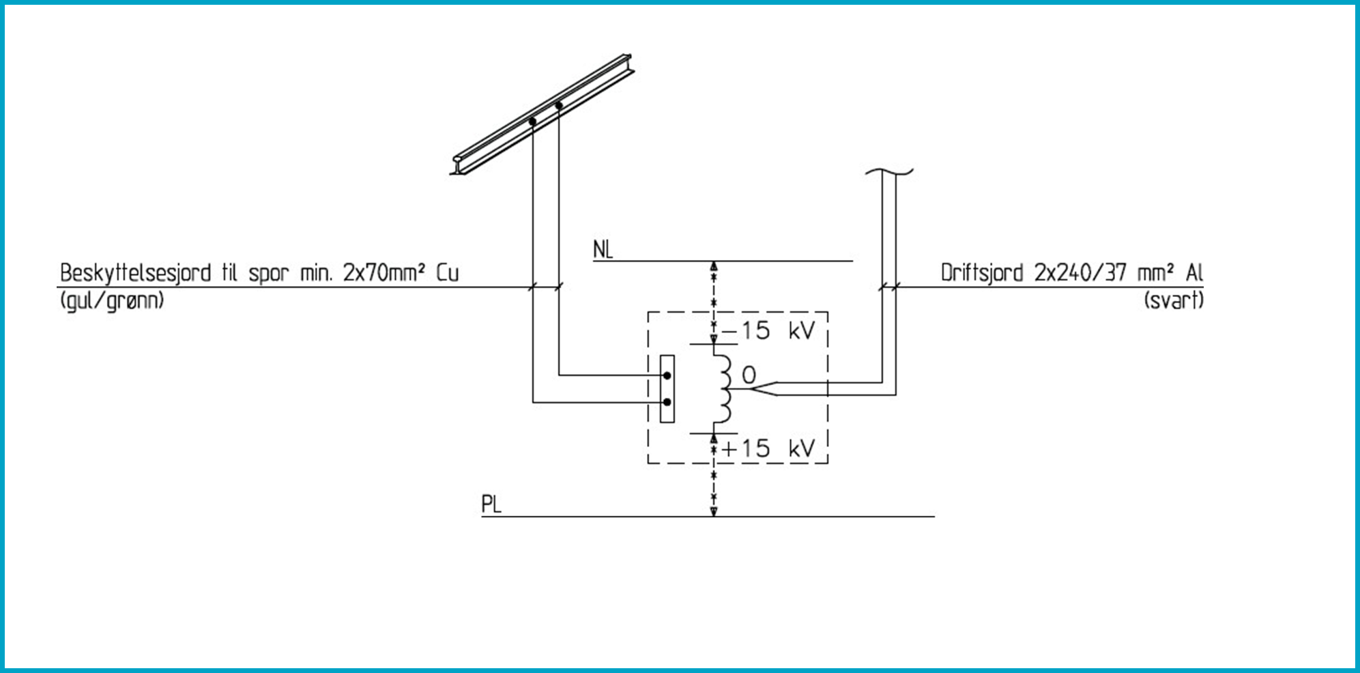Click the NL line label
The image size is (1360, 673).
point(603,250)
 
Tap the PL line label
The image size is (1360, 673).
point(491,504)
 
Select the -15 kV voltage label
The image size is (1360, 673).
point(768,331)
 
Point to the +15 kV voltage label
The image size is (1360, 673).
point(768,448)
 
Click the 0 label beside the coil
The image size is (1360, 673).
point(749,375)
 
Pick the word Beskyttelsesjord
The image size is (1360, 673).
point(135,274)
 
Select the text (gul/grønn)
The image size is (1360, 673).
point(112,301)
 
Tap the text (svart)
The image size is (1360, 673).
point(1174,300)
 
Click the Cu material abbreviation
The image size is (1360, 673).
point(448,273)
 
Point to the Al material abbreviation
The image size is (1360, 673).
point(1194,273)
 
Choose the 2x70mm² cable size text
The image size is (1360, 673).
point(384,273)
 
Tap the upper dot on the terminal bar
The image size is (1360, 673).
point(667,375)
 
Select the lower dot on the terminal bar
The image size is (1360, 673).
point(667,403)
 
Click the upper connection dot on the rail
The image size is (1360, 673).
point(559,106)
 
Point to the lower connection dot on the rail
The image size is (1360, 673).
point(532,121)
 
